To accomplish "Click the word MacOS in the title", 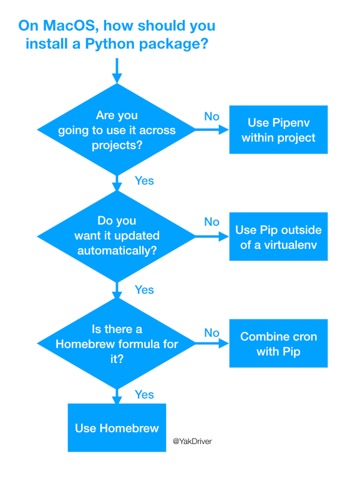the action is [71, 26].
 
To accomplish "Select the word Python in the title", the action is [110, 44].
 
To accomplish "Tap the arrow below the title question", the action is [117, 71].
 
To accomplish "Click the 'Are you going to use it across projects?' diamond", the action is [117, 130].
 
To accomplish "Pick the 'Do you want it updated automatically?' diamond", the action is [117, 236].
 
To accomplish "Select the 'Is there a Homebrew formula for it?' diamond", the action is [117, 344].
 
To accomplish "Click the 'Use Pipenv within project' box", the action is [278, 130].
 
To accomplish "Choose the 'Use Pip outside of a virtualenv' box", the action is [278, 236].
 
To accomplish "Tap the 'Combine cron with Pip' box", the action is [278, 344].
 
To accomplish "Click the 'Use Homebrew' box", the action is [117, 428].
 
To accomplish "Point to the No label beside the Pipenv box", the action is [212, 117].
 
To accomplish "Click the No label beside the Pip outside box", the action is [212, 222].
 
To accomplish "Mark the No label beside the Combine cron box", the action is [212, 332].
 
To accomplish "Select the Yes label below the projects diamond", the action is [144, 180].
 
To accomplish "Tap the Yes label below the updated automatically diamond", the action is [144, 289].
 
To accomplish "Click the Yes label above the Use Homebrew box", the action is [144, 394].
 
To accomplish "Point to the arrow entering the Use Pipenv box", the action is [212, 130].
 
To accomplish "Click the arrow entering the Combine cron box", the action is [212, 344].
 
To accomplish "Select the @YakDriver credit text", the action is [192, 441].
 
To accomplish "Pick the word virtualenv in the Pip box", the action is [290, 245].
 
